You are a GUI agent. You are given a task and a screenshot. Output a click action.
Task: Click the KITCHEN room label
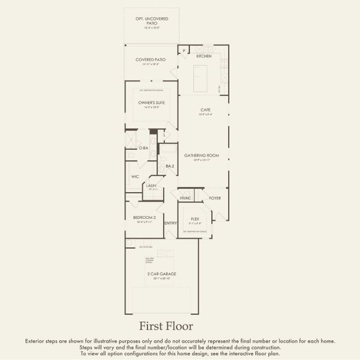tap(204, 56)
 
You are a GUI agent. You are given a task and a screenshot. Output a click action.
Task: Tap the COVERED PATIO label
tap(150, 59)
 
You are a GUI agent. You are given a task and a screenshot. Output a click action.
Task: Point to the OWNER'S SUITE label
tap(152, 103)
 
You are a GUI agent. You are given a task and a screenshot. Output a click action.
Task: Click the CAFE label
tap(205, 110)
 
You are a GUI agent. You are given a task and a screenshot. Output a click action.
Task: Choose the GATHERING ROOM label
tap(206, 155)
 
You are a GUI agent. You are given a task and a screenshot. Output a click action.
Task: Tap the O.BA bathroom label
tap(143, 148)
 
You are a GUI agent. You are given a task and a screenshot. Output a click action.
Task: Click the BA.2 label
tap(170, 166)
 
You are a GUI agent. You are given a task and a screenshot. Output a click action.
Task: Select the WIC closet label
tap(135, 177)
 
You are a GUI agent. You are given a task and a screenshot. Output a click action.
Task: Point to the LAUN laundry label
tap(151, 186)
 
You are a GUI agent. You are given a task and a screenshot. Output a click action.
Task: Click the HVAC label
tap(185, 198)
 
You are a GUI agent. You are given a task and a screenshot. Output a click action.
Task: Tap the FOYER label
tap(215, 198)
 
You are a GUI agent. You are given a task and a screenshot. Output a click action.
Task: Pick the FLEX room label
tap(195, 219)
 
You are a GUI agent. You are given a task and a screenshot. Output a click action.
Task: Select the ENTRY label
tap(170, 223)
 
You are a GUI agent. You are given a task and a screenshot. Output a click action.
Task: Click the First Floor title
tap(166, 326)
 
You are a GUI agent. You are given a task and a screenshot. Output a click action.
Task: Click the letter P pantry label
tap(184, 51)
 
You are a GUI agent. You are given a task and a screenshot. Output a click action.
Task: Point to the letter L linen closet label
tap(164, 135)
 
